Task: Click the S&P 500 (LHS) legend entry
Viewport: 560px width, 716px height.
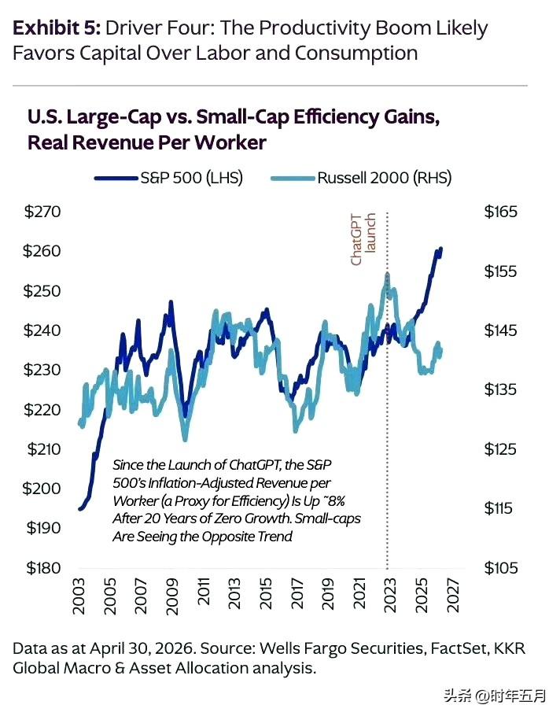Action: click(x=169, y=178)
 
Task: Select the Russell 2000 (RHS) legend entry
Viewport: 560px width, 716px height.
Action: click(x=362, y=178)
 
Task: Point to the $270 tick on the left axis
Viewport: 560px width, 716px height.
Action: click(x=42, y=212)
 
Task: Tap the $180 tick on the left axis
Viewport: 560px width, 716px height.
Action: click(x=43, y=568)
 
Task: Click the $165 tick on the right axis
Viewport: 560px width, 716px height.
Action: click(x=501, y=212)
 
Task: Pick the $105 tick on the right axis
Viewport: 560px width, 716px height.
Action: click(x=501, y=568)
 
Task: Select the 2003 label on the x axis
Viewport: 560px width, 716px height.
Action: click(x=79, y=596)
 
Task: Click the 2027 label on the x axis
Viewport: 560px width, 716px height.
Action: click(x=452, y=596)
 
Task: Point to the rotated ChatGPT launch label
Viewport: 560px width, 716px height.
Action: click(x=363, y=239)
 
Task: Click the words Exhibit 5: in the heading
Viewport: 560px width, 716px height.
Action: click(x=56, y=28)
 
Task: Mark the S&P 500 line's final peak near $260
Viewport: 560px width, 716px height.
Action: click(x=440, y=249)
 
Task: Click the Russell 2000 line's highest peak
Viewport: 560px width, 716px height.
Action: click(x=388, y=275)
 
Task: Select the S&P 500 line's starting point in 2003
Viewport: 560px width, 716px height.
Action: click(x=80, y=509)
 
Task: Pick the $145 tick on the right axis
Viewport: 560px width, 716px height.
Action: click(x=501, y=330)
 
